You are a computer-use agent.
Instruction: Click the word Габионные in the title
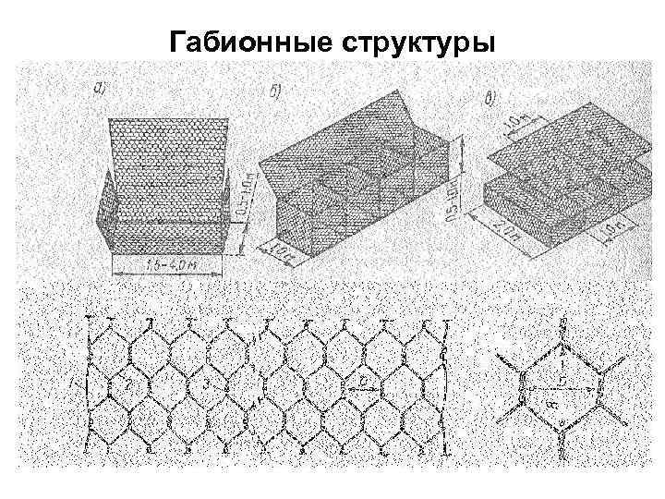coord(248,43)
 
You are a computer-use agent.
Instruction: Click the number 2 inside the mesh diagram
coord(130,381)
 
